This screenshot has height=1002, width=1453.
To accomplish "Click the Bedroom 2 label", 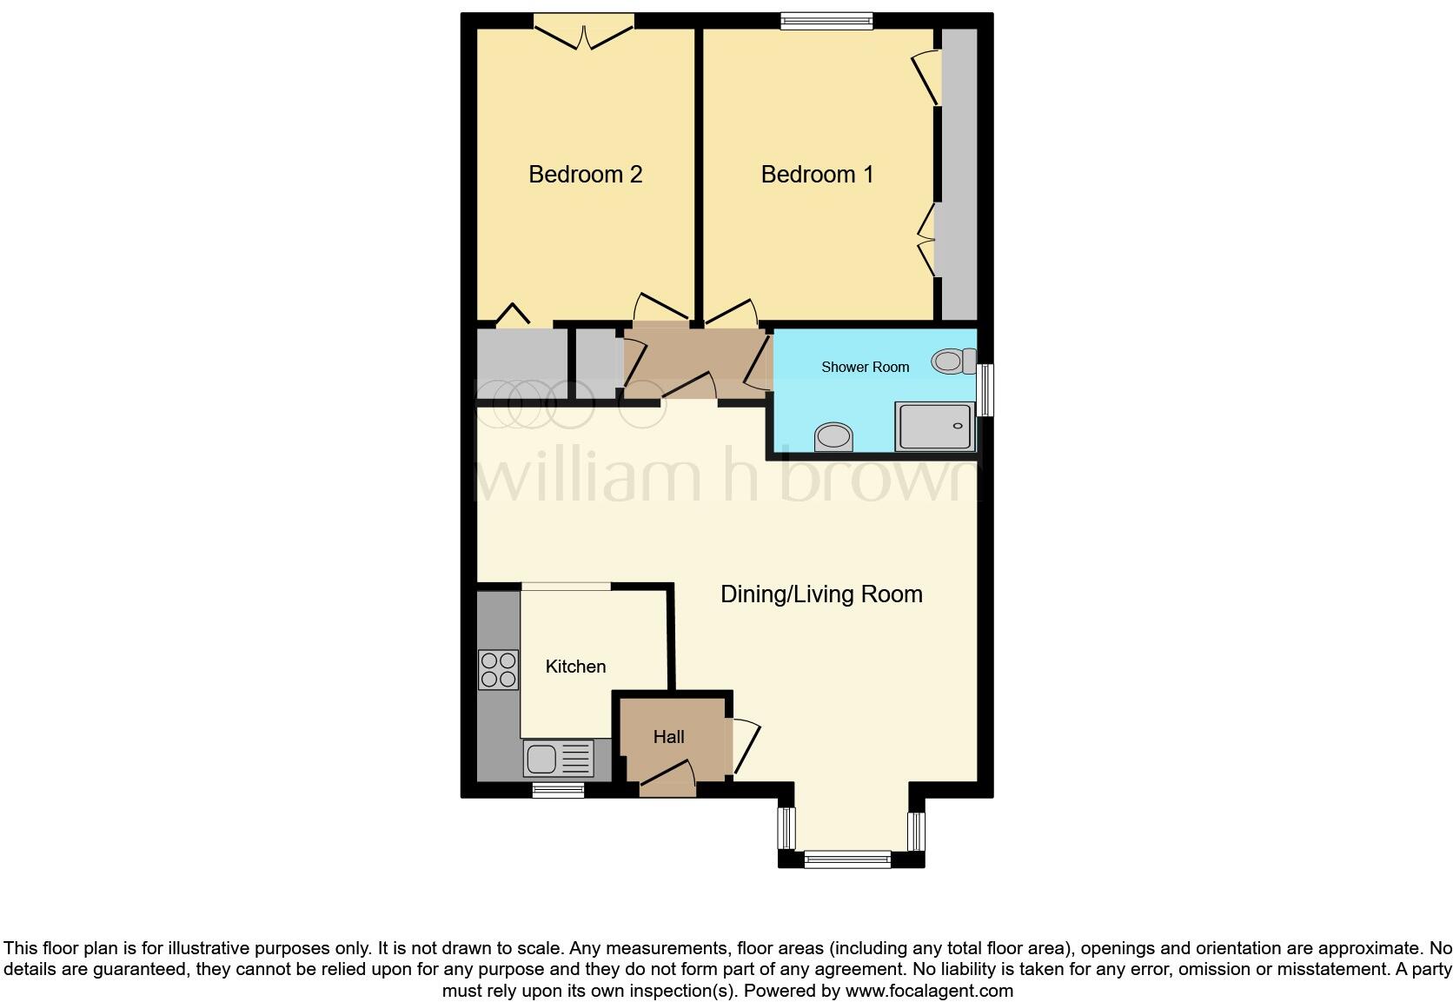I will coord(585,175).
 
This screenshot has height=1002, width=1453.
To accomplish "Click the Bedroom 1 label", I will coord(817,175).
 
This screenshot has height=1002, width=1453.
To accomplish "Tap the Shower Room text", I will coord(865,368).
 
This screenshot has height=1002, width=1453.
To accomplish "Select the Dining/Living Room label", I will coord(821,594).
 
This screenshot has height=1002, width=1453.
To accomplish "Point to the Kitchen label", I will coord(575,667).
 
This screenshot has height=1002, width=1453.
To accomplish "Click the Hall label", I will coord(668,737).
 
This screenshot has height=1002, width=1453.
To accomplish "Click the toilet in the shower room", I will coord(953,361).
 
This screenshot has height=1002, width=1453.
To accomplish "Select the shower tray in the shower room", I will coord(934,427).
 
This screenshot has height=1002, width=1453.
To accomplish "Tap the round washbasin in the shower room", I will coord(834,437).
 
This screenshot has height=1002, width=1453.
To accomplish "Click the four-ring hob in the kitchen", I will coord(498,670).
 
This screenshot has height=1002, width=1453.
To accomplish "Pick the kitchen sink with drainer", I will coord(558,758).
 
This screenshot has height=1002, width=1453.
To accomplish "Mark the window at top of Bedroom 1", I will coord(826,21).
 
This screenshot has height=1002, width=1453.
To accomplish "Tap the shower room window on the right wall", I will coord(985,390).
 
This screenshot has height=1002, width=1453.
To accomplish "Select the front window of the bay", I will coord(847,859).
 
